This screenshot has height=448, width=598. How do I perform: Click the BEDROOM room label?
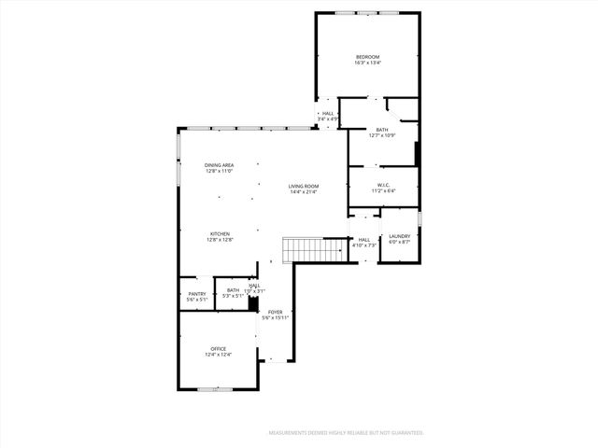tap(367, 57)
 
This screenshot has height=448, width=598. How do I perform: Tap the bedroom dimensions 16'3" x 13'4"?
tap(367, 63)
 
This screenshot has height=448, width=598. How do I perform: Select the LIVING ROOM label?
tap(304, 186)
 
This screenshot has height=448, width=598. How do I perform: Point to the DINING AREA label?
tap(219, 165)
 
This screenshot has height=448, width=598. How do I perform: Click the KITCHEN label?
tap(220, 233)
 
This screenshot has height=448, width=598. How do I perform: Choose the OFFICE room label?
tap(218, 348)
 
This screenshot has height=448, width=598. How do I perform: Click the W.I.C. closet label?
tap(383, 185)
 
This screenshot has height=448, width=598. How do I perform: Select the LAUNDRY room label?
tap(400, 236)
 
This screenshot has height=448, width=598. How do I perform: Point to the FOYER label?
tap(276, 312)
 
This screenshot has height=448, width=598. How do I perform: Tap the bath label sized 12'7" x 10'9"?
tap(381, 130)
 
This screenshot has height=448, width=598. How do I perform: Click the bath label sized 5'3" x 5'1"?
tap(234, 289)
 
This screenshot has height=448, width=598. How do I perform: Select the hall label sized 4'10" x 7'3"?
tap(364, 239)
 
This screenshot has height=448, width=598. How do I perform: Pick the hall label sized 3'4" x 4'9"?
tap(328, 114)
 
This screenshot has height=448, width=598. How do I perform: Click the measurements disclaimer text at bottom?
tap(346, 433)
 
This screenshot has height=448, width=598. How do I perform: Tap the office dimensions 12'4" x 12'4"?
tap(218, 355)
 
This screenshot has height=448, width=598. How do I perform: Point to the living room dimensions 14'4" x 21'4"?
tap(304, 192)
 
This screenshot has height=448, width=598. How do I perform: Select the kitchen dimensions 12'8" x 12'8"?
tap(220, 240)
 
